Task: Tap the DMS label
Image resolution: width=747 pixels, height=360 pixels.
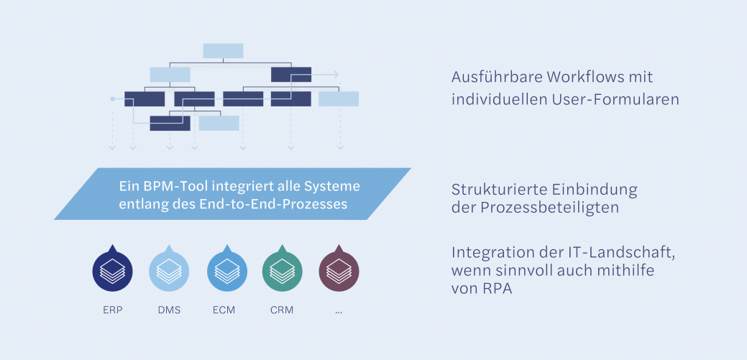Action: coord(169,310)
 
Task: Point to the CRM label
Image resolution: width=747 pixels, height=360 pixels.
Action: coord(282,310)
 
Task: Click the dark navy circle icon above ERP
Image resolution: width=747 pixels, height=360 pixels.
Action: coord(113,271)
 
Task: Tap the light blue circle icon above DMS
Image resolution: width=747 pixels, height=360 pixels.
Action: coord(169,271)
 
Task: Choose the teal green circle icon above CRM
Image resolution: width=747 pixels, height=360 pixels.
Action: coord(283,271)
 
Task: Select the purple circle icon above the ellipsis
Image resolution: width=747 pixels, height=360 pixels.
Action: coord(339,271)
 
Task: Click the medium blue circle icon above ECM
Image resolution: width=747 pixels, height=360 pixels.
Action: coord(226,271)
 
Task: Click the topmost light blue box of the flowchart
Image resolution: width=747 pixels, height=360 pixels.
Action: coord(223,50)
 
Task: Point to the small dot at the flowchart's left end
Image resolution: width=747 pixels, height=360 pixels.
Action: coord(112,98)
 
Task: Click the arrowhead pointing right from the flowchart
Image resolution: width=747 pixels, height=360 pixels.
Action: coord(336,74)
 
